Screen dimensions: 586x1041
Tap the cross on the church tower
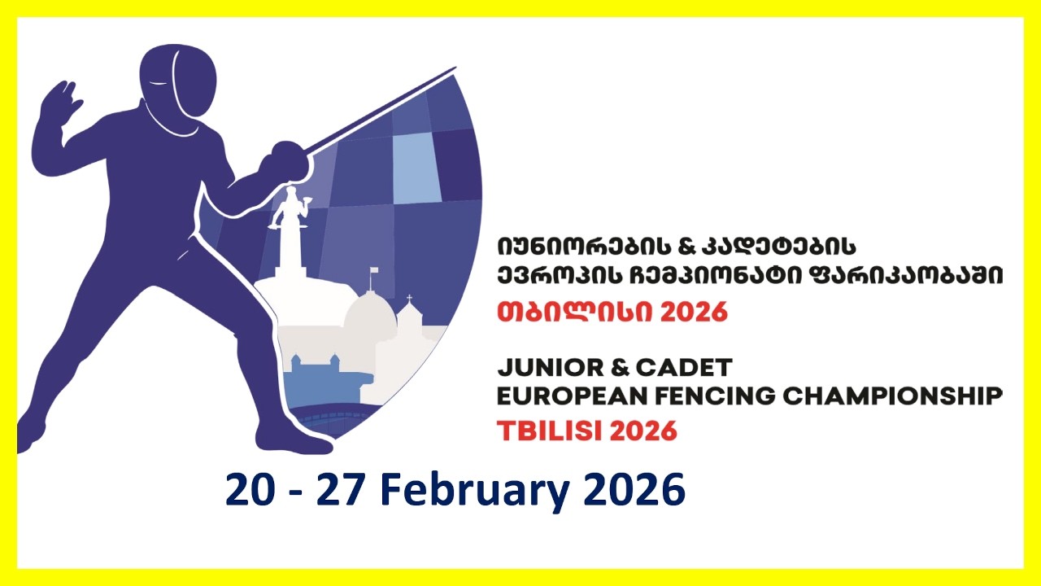point(409,300)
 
